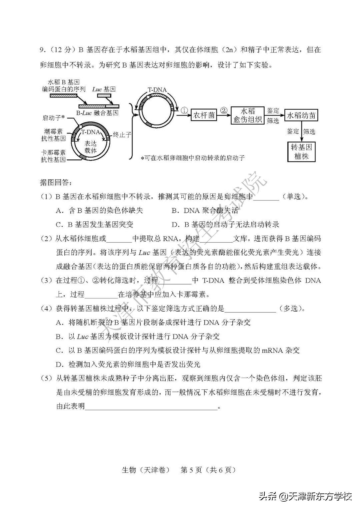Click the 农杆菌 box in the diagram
pos(204,115)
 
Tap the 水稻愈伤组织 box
pos(247,115)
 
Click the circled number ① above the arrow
pos(184,110)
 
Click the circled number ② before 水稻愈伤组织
pos(224,110)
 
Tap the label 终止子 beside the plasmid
pos(122,135)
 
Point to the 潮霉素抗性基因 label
pos(54,135)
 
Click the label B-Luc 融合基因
pos(97,113)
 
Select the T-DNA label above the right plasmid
pos(157,90)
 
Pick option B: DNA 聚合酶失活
pos(205,210)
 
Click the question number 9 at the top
pos(42,50)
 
